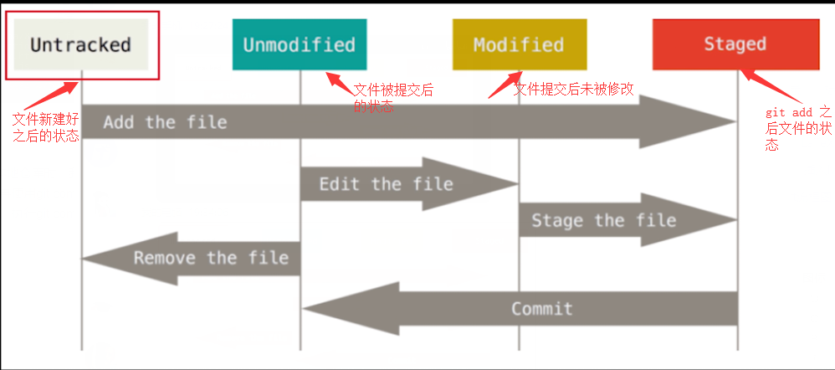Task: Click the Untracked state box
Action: [81, 44]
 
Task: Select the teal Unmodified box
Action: [299, 44]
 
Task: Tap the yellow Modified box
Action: [519, 44]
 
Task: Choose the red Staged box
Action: [735, 44]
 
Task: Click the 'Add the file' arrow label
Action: [165, 122]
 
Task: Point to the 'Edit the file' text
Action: [386, 183]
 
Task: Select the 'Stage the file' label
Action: [603, 221]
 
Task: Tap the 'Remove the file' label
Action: [211, 258]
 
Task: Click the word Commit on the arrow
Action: [542, 308]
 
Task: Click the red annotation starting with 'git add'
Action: [799, 128]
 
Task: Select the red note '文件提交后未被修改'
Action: [573, 89]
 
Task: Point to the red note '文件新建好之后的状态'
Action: [45, 127]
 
